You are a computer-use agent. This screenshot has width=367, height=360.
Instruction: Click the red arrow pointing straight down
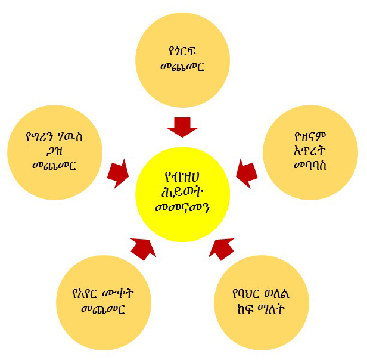pyautogui.click(x=182, y=127)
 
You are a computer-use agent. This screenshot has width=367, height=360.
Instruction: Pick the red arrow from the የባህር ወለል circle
pyautogui.click(x=222, y=247)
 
